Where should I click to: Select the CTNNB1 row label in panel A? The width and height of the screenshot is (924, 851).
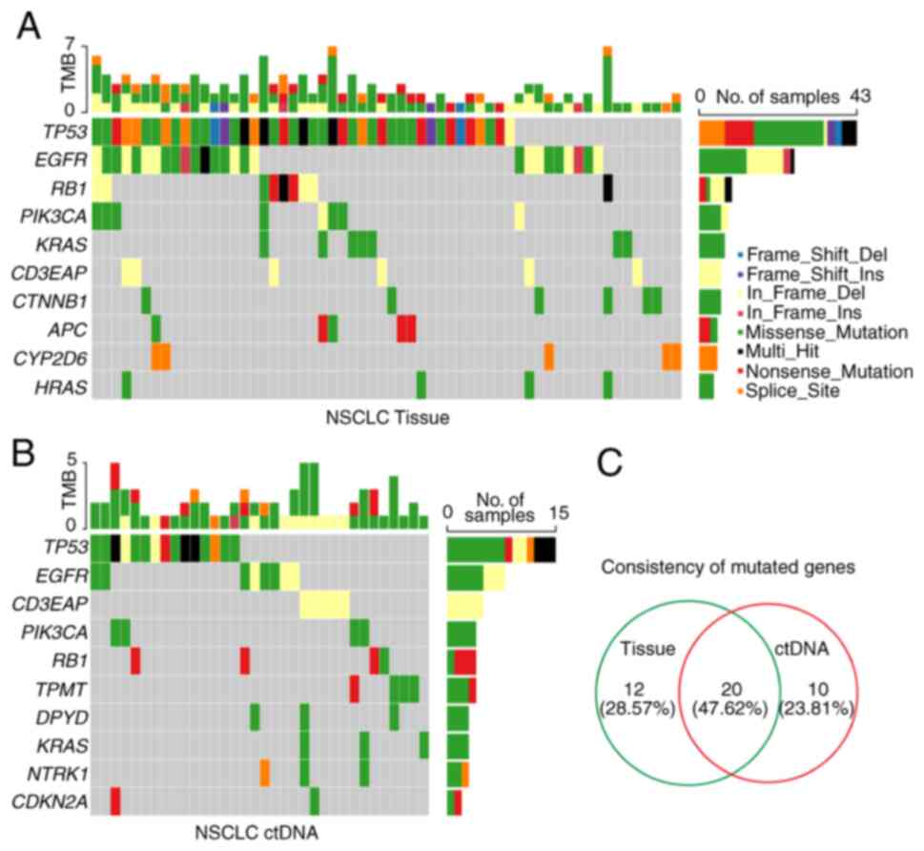click(x=52, y=302)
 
